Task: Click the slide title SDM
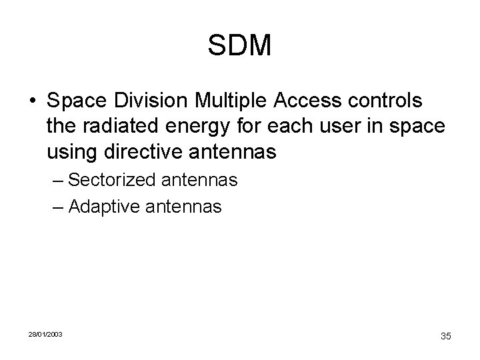(x=239, y=45)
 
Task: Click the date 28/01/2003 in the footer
(x=45, y=333)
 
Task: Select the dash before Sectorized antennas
(x=58, y=181)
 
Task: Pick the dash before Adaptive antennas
(x=58, y=207)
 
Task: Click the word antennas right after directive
(x=231, y=153)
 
